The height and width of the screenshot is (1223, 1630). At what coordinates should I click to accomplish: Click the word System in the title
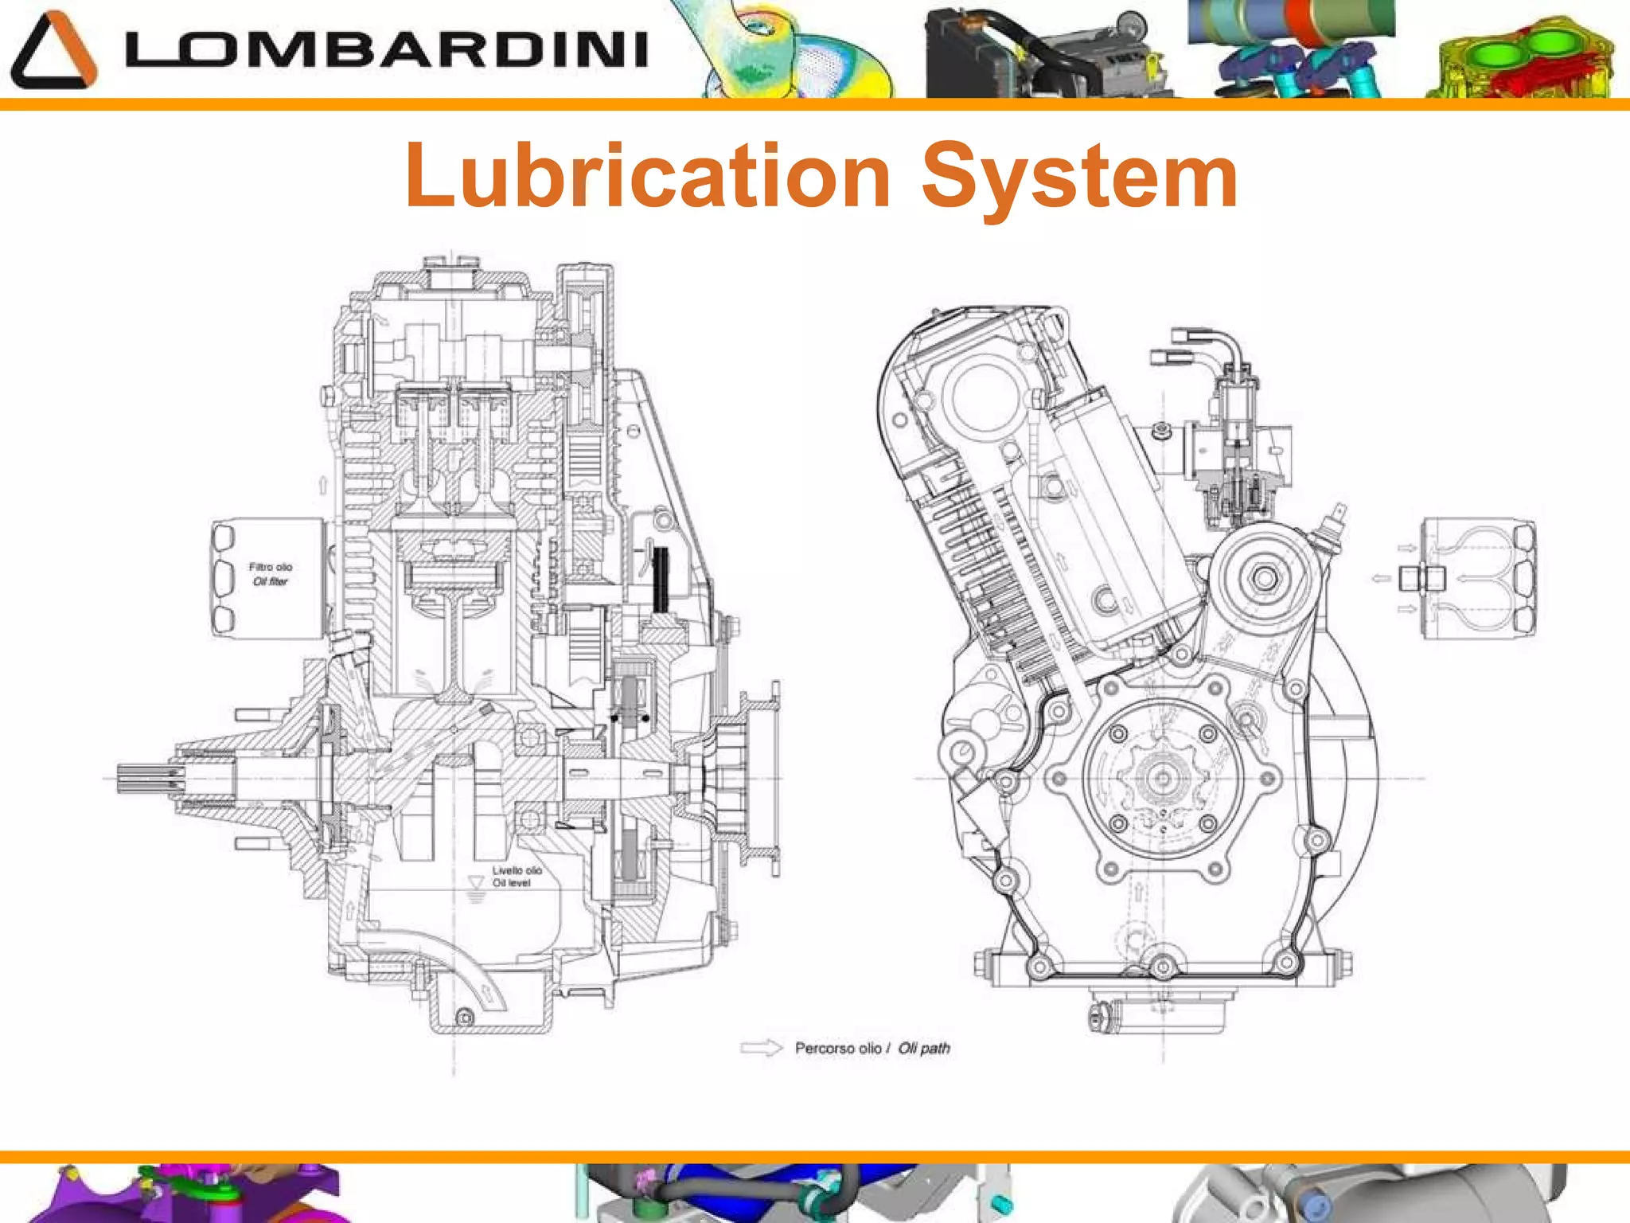(x=1079, y=177)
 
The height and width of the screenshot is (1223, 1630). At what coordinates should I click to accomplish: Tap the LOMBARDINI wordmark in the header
(x=387, y=49)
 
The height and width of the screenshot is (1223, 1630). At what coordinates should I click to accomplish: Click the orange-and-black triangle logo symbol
(x=53, y=49)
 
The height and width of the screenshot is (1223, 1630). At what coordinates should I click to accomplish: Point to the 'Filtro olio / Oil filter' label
(x=271, y=574)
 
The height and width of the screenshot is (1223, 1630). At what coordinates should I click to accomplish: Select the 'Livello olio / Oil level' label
(x=517, y=876)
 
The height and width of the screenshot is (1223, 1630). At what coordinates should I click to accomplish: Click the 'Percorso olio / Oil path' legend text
(x=872, y=1048)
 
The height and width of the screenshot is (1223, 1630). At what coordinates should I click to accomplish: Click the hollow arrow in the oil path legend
(x=761, y=1048)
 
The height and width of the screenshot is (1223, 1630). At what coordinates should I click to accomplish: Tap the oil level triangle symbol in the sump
(x=476, y=882)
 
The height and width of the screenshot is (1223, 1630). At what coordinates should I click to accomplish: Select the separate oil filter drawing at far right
(x=1479, y=579)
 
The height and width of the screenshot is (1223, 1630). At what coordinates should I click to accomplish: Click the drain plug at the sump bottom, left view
(x=465, y=1017)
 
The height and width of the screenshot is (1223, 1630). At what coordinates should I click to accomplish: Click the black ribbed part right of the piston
(x=661, y=578)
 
